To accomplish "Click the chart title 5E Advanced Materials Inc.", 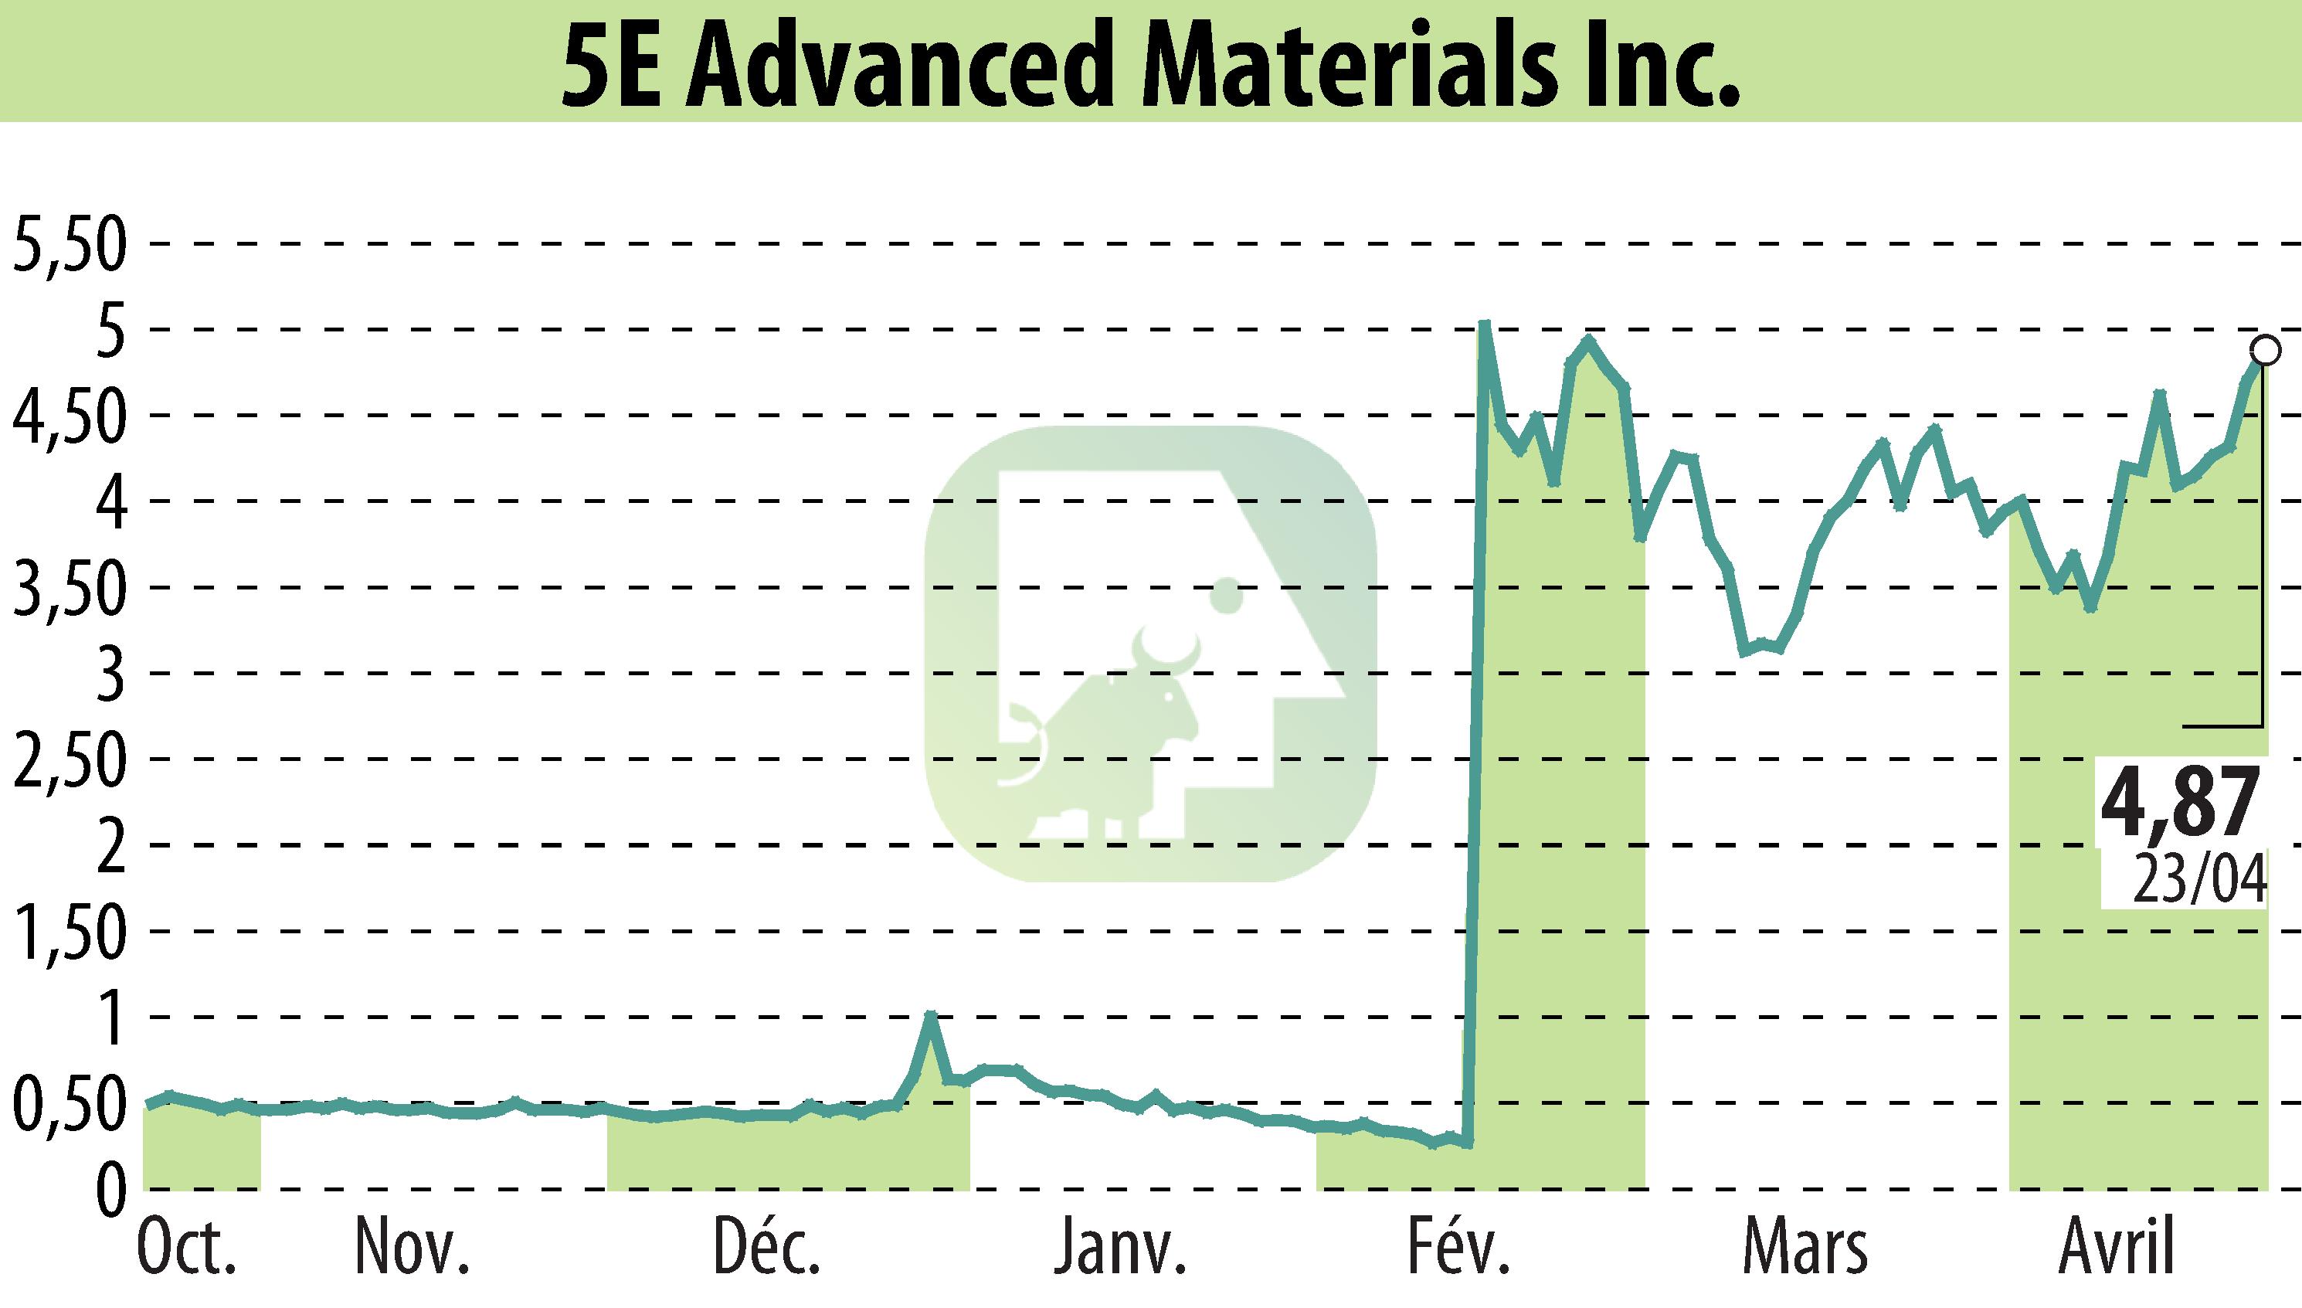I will tap(1150, 61).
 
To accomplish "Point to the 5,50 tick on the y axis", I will tap(66, 245).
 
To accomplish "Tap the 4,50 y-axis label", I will tap(66, 417).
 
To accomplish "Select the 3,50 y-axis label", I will tap(66, 589).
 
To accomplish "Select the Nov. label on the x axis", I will tap(413, 1249).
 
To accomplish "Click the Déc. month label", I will tap(767, 1249).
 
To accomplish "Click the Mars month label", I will tap(1805, 1249).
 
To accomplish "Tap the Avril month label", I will tap(2117, 1249).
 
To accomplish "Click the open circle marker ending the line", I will tap(2265, 350).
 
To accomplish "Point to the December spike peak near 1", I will tap(932, 1015).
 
